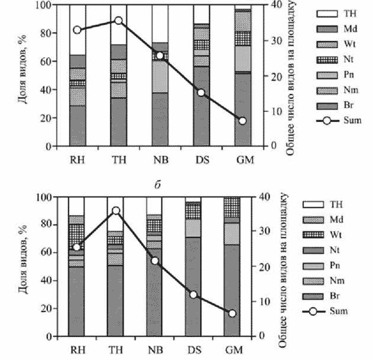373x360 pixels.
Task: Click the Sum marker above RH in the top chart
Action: pyautogui.click(x=77, y=30)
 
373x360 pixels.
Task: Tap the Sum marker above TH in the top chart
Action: pyautogui.click(x=118, y=21)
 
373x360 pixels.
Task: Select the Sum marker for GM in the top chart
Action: pyautogui.click(x=242, y=121)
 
